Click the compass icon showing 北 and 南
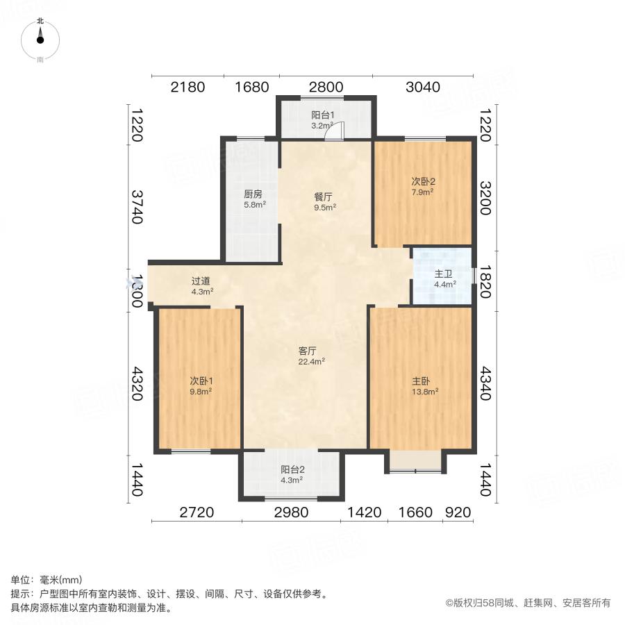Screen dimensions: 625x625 click(40, 40)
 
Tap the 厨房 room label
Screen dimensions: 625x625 click(252, 194)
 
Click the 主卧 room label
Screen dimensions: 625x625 click(422, 381)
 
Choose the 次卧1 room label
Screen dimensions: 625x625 click(201, 381)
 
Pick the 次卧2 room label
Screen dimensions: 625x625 click(423, 181)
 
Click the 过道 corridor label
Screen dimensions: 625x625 click(201, 281)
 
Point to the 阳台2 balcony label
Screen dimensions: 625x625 click(292, 469)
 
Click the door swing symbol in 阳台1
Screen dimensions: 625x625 click(336, 132)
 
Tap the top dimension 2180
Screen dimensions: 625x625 click(187, 87)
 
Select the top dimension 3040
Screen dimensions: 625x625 click(423, 87)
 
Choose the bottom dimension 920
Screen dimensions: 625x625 click(458, 513)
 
